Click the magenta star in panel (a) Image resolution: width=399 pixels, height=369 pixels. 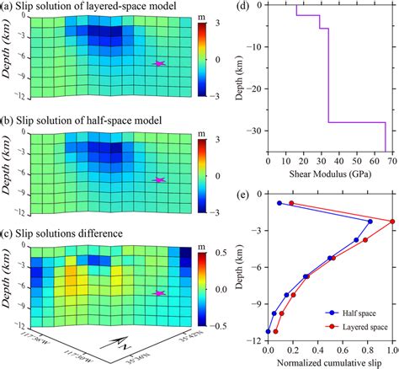tap(159, 63)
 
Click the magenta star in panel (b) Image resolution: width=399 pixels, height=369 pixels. tap(159, 179)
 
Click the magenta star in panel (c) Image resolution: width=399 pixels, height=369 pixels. tap(159, 292)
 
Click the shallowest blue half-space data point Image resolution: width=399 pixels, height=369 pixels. tap(279, 203)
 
